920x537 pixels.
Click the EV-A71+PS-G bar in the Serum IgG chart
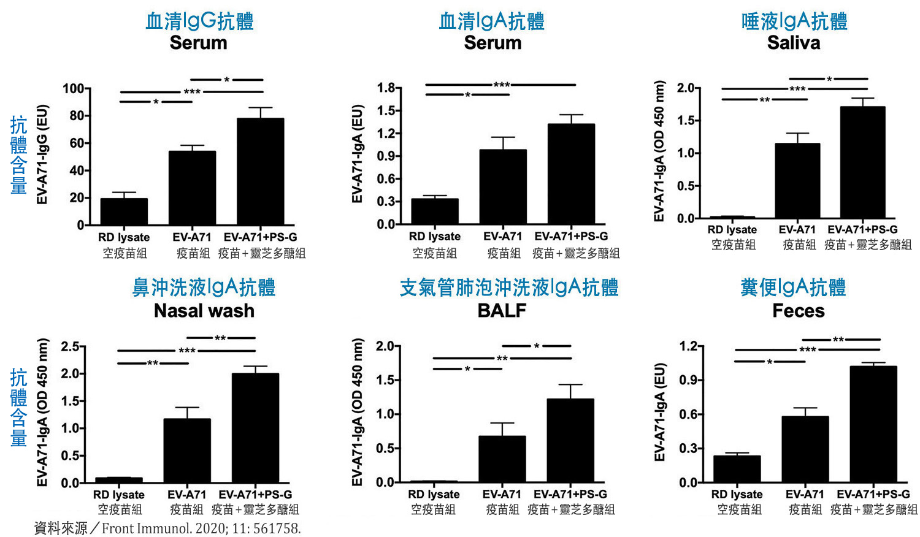click(260, 172)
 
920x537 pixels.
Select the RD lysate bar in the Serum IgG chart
click(124, 211)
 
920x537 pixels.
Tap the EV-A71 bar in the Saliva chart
click(797, 181)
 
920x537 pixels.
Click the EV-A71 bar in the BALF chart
click(502, 459)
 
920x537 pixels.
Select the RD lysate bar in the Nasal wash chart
click(119, 480)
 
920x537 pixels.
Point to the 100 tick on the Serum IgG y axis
click(73, 88)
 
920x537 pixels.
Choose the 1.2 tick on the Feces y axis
click(688, 346)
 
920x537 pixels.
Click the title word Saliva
click(794, 43)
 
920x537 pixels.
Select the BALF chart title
click(502, 311)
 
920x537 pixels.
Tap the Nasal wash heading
click(204, 311)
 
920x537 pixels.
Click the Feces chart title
click(799, 311)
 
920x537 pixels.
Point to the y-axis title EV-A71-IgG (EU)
click(42, 154)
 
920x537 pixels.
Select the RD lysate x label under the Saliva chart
click(732, 230)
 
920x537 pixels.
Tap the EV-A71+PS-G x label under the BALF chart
click(570, 494)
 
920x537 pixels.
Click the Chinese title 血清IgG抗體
click(199, 21)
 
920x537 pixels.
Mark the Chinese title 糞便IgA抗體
click(794, 288)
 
